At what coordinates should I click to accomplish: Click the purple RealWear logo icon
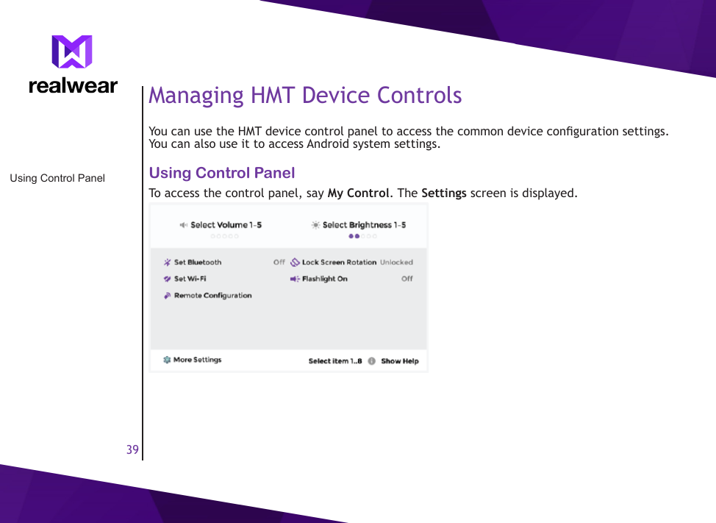[x=72, y=52]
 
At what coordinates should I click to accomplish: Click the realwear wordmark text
[x=73, y=86]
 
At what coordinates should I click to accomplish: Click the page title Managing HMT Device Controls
[x=305, y=96]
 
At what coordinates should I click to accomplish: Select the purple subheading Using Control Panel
[x=222, y=174]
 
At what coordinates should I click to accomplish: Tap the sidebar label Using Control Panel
[x=57, y=178]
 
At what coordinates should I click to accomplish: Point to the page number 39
[x=132, y=449]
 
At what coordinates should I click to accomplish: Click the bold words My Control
[x=358, y=193]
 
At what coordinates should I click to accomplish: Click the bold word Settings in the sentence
[x=443, y=193]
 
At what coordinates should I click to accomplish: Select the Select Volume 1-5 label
[x=226, y=225]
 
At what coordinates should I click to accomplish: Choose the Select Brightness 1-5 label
[x=364, y=225]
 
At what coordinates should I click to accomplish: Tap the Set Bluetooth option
[x=197, y=263]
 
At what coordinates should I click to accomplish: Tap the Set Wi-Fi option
[x=190, y=280]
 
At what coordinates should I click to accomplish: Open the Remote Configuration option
[x=212, y=296]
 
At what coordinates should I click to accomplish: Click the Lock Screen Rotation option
[x=339, y=263]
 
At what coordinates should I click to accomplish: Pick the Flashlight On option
[x=324, y=280]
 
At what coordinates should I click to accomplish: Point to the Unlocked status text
[x=396, y=263]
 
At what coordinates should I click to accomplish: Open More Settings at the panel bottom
[x=197, y=360]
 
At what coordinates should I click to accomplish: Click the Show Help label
[x=399, y=361]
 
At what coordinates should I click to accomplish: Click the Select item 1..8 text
[x=334, y=361]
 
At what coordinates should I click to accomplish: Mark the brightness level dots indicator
[x=363, y=237]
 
